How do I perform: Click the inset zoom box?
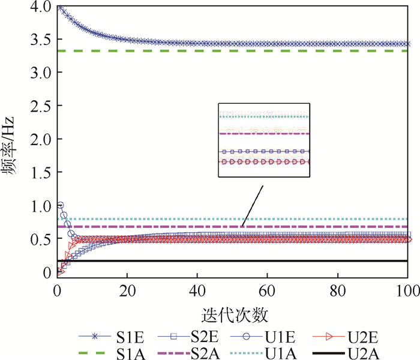point(263,139)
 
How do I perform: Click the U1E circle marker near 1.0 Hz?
point(60,205)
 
